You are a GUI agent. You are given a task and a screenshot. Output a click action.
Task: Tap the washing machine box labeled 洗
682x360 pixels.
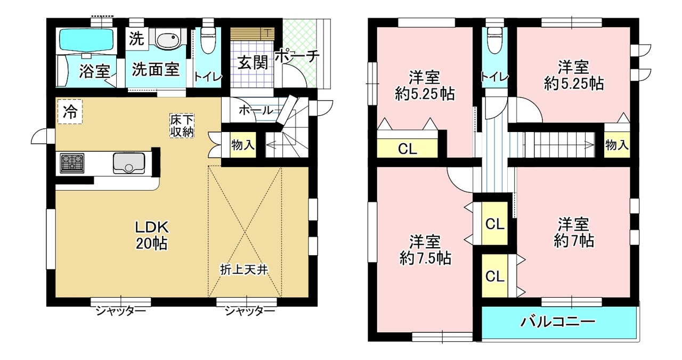pos(137,39)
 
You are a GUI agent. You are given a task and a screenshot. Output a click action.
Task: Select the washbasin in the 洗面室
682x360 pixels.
pos(167,39)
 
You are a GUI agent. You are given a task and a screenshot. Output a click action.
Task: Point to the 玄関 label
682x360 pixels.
pos(253,62)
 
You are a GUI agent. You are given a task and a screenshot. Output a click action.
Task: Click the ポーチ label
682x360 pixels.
pos(297,56)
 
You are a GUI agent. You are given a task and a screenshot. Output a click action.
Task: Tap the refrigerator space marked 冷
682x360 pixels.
pos(70,112)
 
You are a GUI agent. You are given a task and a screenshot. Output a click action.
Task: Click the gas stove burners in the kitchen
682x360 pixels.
pos(72,163)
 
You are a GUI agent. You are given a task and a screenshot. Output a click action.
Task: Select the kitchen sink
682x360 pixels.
pos(129,163)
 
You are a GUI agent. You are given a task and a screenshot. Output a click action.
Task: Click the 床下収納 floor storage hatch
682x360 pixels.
pos(182,125)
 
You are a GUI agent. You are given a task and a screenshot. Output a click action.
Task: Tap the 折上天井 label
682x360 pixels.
pos(244,269)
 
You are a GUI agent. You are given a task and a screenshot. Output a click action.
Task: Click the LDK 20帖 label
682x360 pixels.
pos(152,235)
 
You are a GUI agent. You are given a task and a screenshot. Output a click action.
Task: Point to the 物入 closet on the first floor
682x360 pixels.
pos(242,145)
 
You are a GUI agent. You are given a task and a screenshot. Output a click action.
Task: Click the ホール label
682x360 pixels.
pos(256,110)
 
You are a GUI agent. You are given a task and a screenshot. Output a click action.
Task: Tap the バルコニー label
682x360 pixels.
pos(557,322)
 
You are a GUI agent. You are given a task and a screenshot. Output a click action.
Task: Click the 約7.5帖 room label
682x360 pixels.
pos(425,250)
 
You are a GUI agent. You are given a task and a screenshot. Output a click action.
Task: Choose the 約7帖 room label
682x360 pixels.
pos(574,233)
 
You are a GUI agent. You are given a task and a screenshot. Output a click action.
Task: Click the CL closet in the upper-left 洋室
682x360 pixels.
pos(408,149)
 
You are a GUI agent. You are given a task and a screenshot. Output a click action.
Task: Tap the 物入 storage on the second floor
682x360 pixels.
pos(617,145)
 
